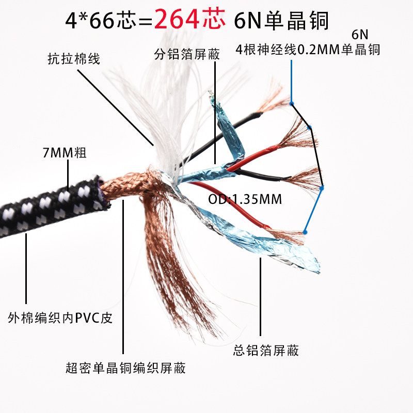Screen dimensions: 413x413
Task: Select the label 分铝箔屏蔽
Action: click(x=187, y=54)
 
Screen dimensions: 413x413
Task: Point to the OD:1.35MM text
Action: click(x=245, y=199)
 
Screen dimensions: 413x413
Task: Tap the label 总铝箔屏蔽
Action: click(x=266, y=351)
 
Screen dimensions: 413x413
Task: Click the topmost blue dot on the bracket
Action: click(x=292, y=103)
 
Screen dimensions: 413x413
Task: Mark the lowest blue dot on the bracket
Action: click(x=306, y=233)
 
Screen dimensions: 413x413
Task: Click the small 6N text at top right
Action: click(x=361, y=35)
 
